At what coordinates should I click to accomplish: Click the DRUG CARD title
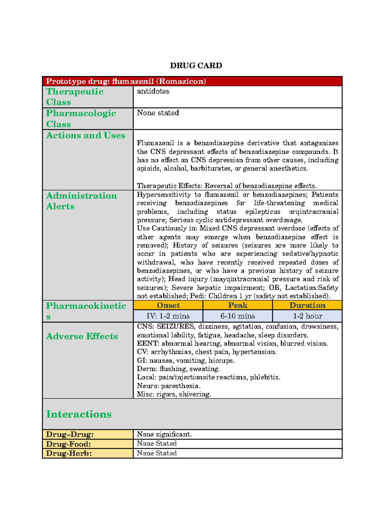(x=196, y=66)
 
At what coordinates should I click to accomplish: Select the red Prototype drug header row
(x=192, y=81)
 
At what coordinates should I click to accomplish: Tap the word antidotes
(x=153, y=91)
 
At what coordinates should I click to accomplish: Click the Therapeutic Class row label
(x=75, y=97)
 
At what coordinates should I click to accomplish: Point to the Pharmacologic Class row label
(x=81, y=119)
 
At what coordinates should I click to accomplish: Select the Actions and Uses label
(x=86, y=135)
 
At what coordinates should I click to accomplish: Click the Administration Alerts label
(x=81, y=201)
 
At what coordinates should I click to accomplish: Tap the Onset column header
(x=168, y=305)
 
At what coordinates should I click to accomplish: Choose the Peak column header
(x=237, y=305)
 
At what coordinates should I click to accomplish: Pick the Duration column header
(x=307, y=305)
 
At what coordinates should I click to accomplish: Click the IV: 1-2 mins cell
(x=168, y=316)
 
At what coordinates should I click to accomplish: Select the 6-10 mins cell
(x=237, y=316)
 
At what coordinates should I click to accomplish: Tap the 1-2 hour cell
(x=307, y=316)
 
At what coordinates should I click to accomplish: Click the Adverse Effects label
(x=82, y=336)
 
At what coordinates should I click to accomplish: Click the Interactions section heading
(x=79, y=414)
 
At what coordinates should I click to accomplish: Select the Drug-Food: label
(x=69, y=444)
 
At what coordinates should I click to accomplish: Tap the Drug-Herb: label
(x=69, y=453)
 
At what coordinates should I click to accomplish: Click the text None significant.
(x=164, y=434)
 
